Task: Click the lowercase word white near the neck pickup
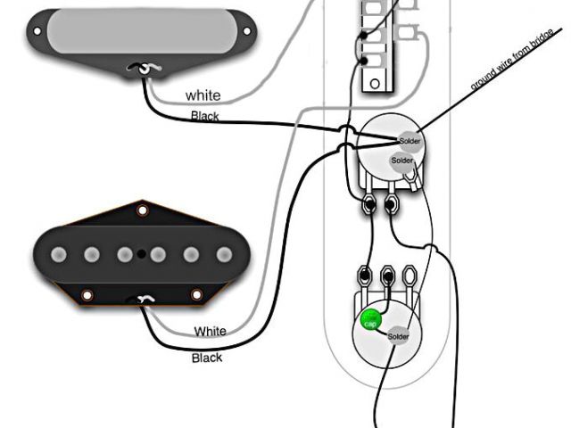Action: (203, 95)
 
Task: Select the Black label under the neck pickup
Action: (204, 116)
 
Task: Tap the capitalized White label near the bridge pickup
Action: (211, 331)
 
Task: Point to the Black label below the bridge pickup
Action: (208, 358)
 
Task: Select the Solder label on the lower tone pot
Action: (398, 335)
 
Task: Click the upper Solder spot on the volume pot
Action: (410, 142)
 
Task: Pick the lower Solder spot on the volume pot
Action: (401, 160)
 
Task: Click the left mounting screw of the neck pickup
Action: (37, 32)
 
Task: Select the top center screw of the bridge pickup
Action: (141, 210)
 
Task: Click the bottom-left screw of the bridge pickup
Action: (87, 295)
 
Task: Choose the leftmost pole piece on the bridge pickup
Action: (59, 255)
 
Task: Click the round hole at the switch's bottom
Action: (376, 83)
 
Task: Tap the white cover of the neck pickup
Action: (143, 32)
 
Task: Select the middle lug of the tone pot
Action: (387, 274)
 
